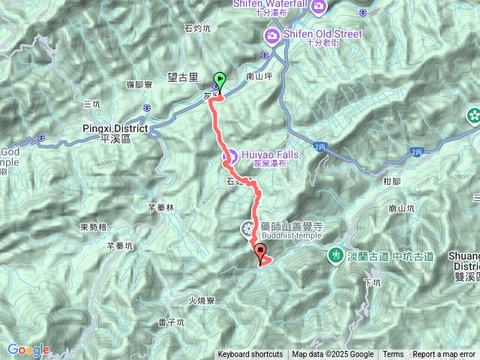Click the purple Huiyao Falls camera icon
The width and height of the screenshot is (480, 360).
[x=230, y=157]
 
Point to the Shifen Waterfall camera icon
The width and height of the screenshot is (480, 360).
[x=319, y=7]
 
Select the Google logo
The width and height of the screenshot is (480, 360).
[x=28, y=350]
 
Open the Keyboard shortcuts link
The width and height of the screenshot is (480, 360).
[x=250, y=355]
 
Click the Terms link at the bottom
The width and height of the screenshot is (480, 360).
[x=393, y=355]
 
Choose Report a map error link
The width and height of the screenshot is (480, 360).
[x=444, y=355]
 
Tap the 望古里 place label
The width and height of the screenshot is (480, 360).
[x=183, y=76]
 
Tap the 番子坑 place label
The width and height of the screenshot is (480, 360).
[x=171, y=322]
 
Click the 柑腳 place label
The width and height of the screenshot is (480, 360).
[x=392, y=181]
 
